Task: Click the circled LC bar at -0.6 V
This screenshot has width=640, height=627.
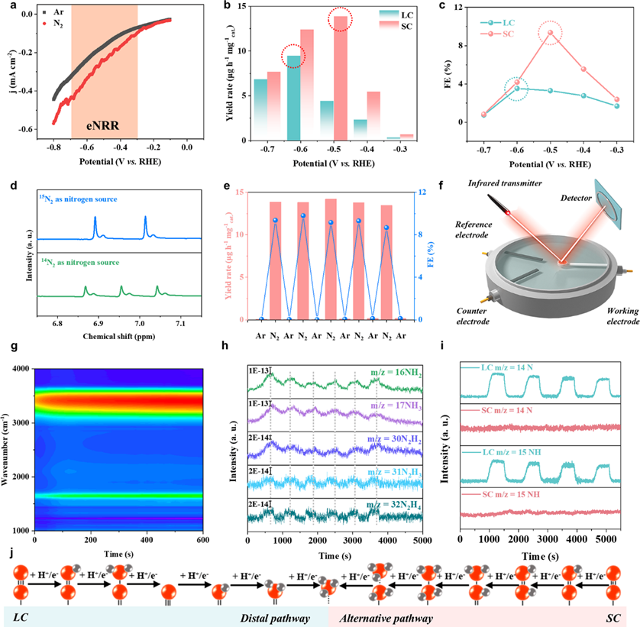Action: tap(293, 98)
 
